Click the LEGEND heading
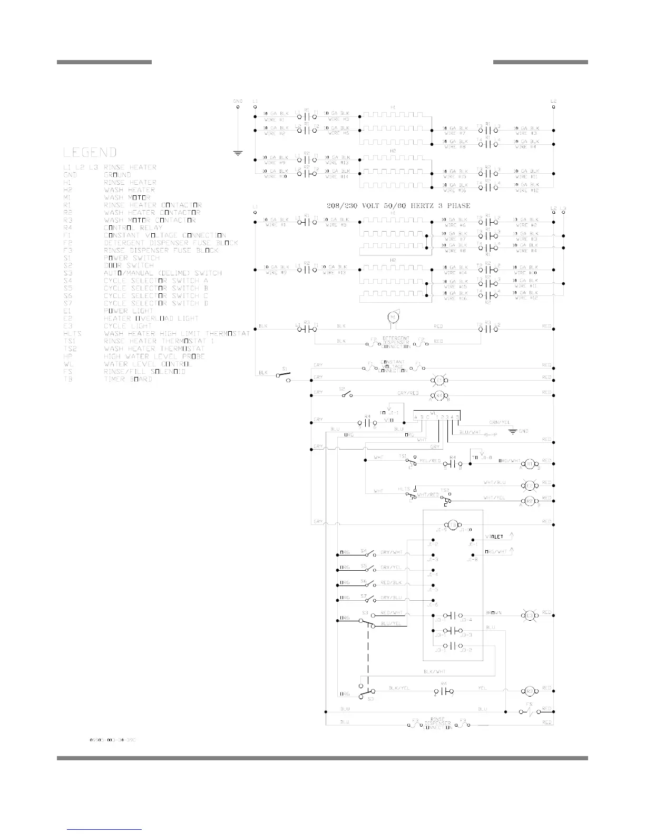(90, 153)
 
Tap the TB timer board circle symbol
(452, 525)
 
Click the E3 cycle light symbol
(529, 615)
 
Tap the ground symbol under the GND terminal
(238, 154)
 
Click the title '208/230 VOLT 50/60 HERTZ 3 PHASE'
(398, 205)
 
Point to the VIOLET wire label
(494, 537)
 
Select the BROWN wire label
(493, 613)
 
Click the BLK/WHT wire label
(435, 672)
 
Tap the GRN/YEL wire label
(498, 422)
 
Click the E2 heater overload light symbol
(529, 485)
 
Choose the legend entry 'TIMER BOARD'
(128, 379)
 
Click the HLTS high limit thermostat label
(404, 489)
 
